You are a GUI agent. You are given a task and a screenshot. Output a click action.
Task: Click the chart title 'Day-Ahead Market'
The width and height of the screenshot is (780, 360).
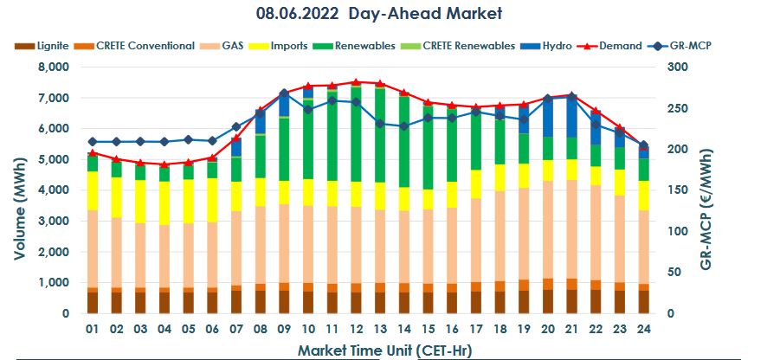(x=379, y=14)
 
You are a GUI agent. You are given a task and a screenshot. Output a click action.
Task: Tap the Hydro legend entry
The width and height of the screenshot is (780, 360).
(x=551, y=45)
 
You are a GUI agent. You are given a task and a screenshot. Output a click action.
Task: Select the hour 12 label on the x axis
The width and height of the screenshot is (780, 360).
(x=356, y=330)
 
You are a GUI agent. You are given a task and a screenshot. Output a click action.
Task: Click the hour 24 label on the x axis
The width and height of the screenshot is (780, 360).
(x=642, y=330)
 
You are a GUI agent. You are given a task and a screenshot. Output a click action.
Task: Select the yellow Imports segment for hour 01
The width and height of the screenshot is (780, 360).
(x=93, y=190)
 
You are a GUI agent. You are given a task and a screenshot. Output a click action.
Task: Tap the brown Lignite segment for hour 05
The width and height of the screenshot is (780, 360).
(x=188, y=302)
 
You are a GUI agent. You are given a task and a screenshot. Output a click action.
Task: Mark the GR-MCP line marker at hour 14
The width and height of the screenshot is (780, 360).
(x=403, y=126)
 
